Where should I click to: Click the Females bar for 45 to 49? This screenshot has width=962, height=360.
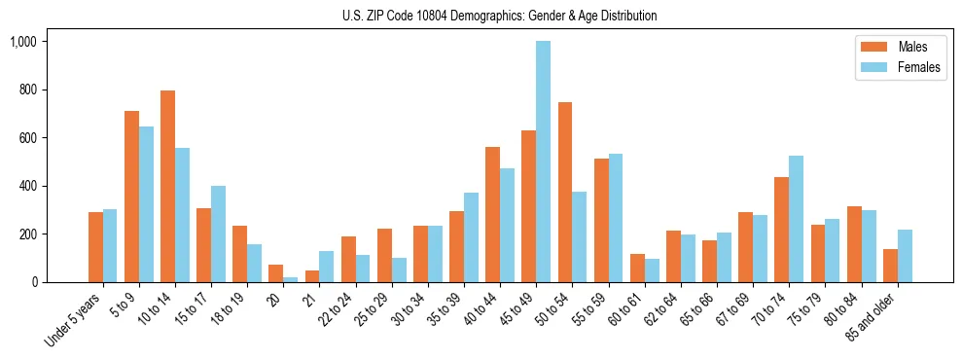(543, 162)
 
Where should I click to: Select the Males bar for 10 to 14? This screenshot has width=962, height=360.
(167, 186)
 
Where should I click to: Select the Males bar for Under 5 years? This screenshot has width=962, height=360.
(95, 247)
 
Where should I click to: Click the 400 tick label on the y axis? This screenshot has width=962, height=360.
(27, 186)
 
